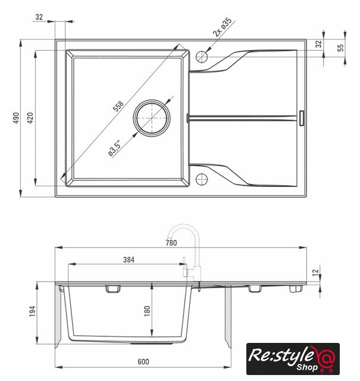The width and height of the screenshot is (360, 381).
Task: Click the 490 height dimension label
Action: coord(16,118)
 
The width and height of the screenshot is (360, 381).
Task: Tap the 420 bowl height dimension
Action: coord(30,118)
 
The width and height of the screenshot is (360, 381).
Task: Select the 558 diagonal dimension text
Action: coord(118,106)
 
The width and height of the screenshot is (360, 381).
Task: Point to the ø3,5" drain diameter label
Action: coord(114,148)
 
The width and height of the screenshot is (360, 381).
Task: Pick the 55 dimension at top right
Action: coord(341,48)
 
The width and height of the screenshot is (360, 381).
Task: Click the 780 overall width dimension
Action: coord(171,243)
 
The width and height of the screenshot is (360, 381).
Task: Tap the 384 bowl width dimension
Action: coord(129,260)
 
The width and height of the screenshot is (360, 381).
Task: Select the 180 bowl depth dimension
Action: coord(147,311)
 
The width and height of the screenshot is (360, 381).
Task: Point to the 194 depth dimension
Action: coord(32,311)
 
